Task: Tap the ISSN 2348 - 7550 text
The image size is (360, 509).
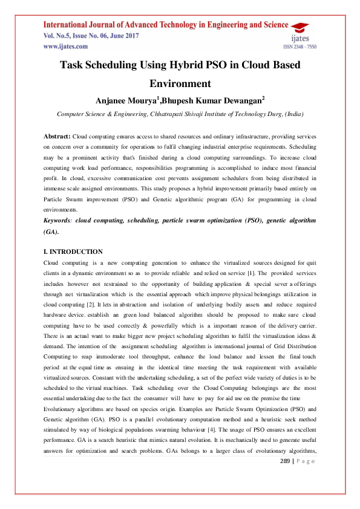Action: point(299,47)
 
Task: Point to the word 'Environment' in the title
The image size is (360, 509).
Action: point(180,83)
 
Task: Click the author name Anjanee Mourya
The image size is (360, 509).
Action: point(124,100)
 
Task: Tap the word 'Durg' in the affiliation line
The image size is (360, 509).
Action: point(266,113)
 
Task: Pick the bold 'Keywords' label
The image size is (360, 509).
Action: point(63,221)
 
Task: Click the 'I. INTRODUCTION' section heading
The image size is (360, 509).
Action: point(73,251)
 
